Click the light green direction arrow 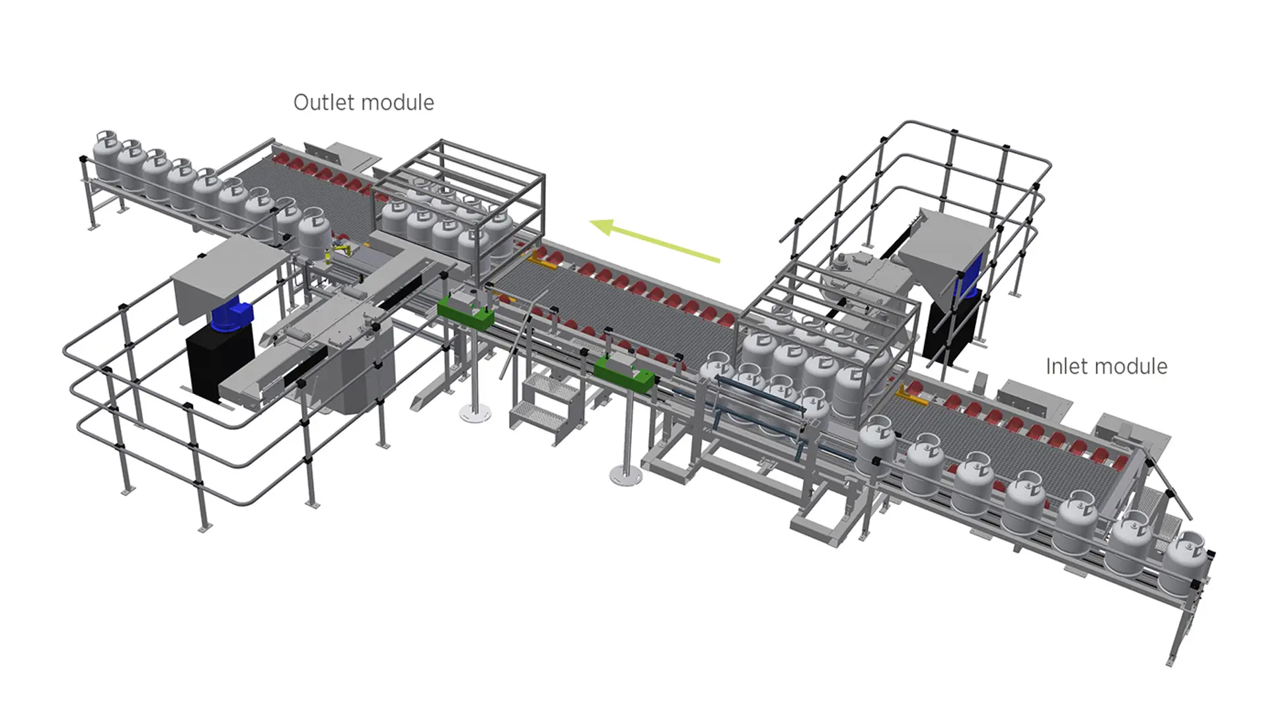pyautogui.click(x=654, y=241)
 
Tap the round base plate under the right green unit pyautogui.click(x=625, y=475)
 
